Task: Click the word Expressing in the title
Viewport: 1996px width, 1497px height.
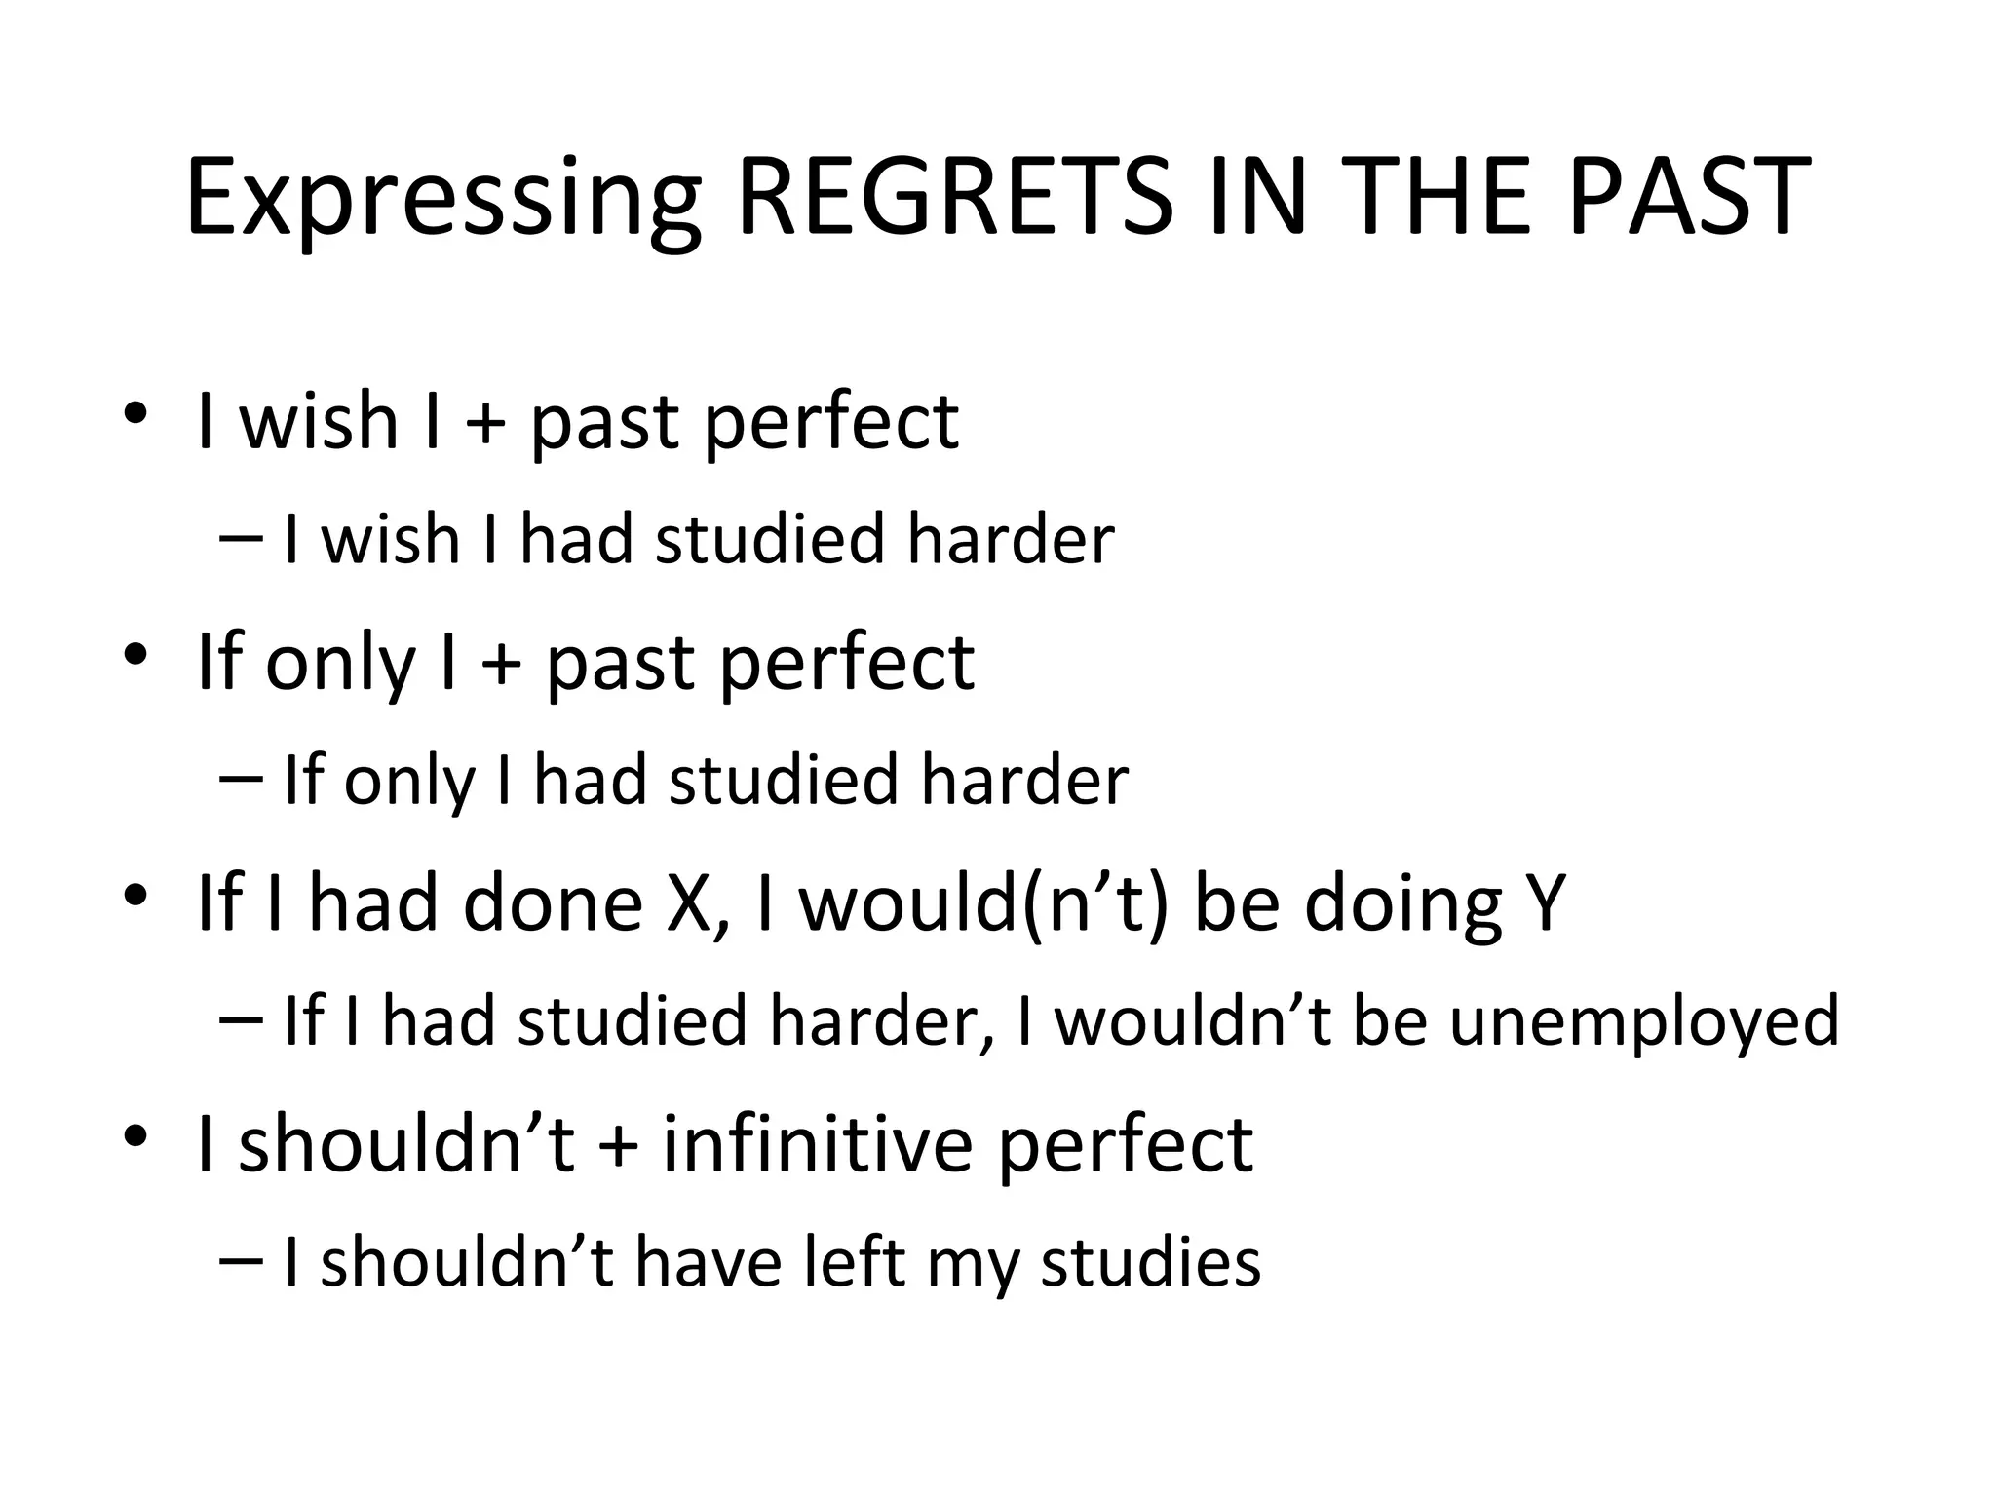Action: (x=443, y=200)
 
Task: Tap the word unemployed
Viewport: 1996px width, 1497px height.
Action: (x=1644, y=1021)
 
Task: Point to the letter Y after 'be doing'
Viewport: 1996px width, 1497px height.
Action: (x=1543, y=902)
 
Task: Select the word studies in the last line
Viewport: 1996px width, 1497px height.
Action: (x=1150, y=1261)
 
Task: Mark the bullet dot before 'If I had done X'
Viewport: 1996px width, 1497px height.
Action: (x=134, y=894)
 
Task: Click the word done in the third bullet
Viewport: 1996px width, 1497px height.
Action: (x=553, y=902)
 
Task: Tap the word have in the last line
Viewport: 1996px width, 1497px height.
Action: (x=709, y=1261)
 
